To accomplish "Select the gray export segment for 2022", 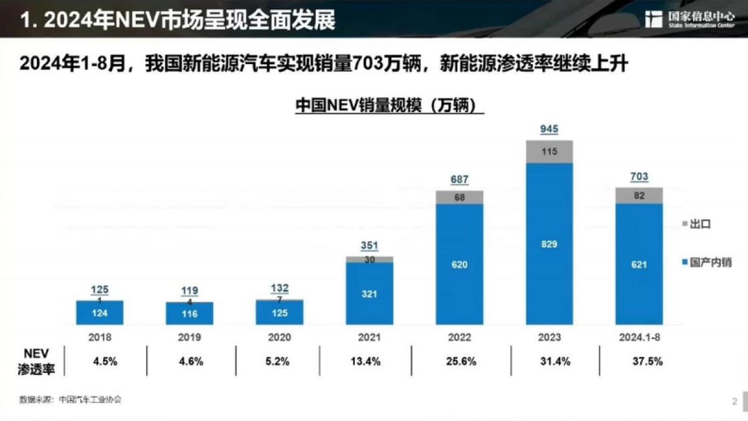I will pyautogui.click(x=459, y=197).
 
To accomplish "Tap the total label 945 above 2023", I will pyautogui.click(x=549, y=129).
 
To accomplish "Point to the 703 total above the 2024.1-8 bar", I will pyautogui.click(x=639, y=177).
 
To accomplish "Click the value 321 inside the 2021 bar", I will pyautogui.click(x=370, y=294).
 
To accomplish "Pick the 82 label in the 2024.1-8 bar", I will pyautogui.click(x=639, y=195).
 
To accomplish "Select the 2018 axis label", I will pyautogui.click(x=100, y=337).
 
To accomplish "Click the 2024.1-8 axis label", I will pyautogui.click(x=639, y=337).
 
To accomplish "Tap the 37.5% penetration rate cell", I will pyautogui.click(x=648, y=361).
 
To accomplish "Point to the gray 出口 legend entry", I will pyautogui.click(x=697, y=224).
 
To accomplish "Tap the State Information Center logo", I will pyautogui.click(x=689, y=19).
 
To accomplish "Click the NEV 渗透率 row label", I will pyautogui.click(x=36, y=361).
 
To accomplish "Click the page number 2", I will pyautogui.click(x=734, y=401).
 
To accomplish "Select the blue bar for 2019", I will pyautogui.click(x=189, y=314).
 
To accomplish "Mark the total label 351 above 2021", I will pyautogui.click(x=370, y=246).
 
